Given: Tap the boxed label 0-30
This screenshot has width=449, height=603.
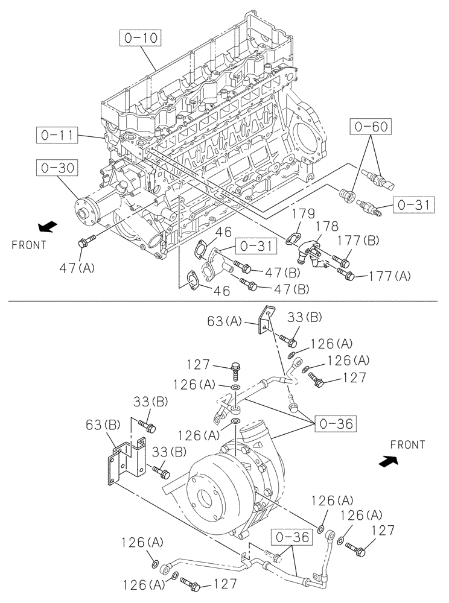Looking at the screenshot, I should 58,167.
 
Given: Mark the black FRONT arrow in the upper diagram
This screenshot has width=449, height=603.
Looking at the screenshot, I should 46,227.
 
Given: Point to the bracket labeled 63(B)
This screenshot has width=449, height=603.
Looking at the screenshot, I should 127,461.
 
